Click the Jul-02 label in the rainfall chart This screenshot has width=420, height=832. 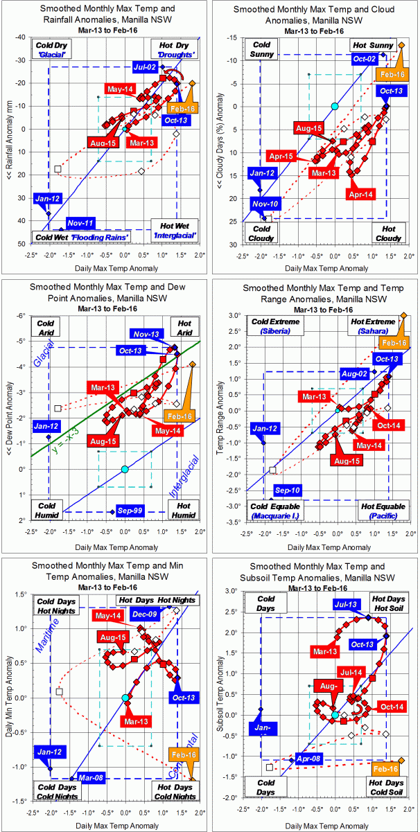[146, 67]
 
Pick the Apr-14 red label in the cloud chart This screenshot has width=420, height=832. [362, 195]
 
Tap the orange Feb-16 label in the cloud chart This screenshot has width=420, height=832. [392, 73]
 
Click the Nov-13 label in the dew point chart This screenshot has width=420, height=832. [147, 334]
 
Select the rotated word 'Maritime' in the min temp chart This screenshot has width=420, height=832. [47, 627]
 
